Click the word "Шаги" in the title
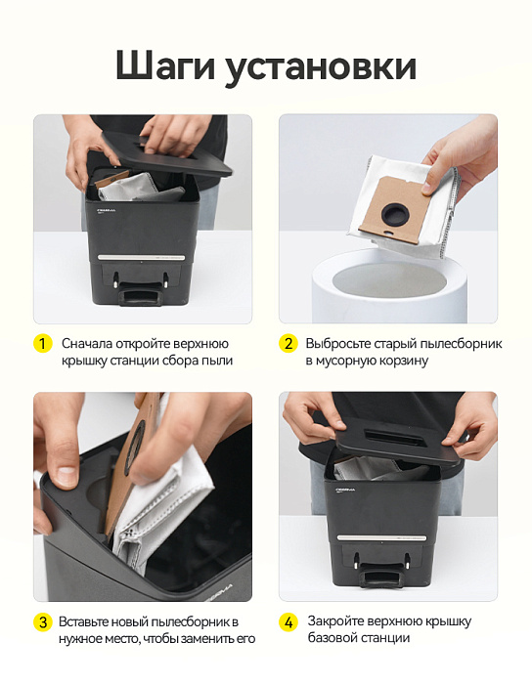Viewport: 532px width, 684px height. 166,66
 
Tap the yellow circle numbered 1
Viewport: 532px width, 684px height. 42,344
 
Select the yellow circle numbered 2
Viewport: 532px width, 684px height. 288,344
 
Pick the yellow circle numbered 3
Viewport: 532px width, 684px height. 42,621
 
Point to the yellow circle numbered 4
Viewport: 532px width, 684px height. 288,621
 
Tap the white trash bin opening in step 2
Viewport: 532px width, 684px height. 389,280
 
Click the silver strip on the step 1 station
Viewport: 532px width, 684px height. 141,257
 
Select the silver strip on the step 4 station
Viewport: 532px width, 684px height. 381,537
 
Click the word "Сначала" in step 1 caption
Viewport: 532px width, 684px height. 87,344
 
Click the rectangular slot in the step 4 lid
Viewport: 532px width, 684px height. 390,436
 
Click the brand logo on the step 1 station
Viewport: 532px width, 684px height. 106,210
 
